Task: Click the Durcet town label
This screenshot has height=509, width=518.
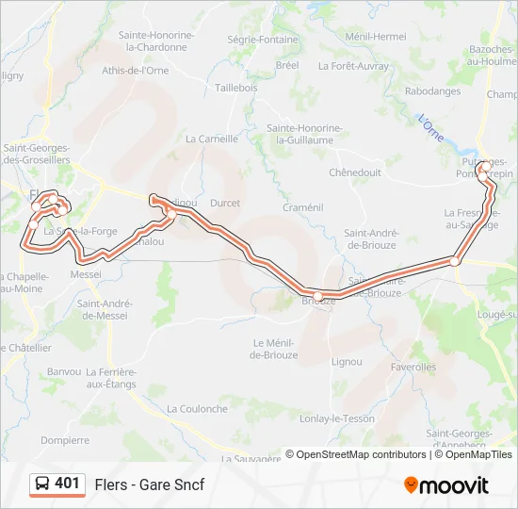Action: coord(225,203)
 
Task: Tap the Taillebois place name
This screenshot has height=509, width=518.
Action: coord(236,87)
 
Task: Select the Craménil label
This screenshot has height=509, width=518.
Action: coord(303,207)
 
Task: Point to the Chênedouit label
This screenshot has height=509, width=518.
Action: coord(355,172)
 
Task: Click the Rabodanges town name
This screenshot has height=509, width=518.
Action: coord(432,91)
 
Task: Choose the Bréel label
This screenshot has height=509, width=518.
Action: coord(287,65)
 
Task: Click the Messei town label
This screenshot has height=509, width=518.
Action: coord(86,274)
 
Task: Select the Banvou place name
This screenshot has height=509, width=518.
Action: coord(64,371)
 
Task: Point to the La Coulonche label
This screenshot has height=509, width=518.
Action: coord(197,409)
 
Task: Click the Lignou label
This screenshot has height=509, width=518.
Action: coord(347,361)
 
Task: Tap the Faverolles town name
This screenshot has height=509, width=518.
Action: coord(413,367)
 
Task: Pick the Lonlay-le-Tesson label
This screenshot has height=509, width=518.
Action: coord(336,419)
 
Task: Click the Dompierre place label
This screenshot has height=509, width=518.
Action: coord(65,439)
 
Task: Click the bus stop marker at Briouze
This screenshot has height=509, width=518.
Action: coord(318,297)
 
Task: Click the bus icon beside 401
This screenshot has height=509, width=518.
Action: coord(42,484)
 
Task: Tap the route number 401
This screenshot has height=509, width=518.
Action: coord(67,484)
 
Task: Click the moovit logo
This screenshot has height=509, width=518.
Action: coord(446,485)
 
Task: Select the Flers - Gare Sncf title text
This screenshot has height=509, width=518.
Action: coord(149,484)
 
